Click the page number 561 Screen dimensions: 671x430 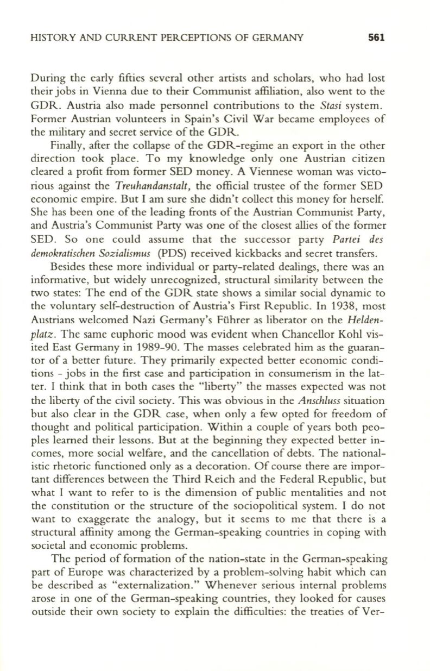376,39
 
